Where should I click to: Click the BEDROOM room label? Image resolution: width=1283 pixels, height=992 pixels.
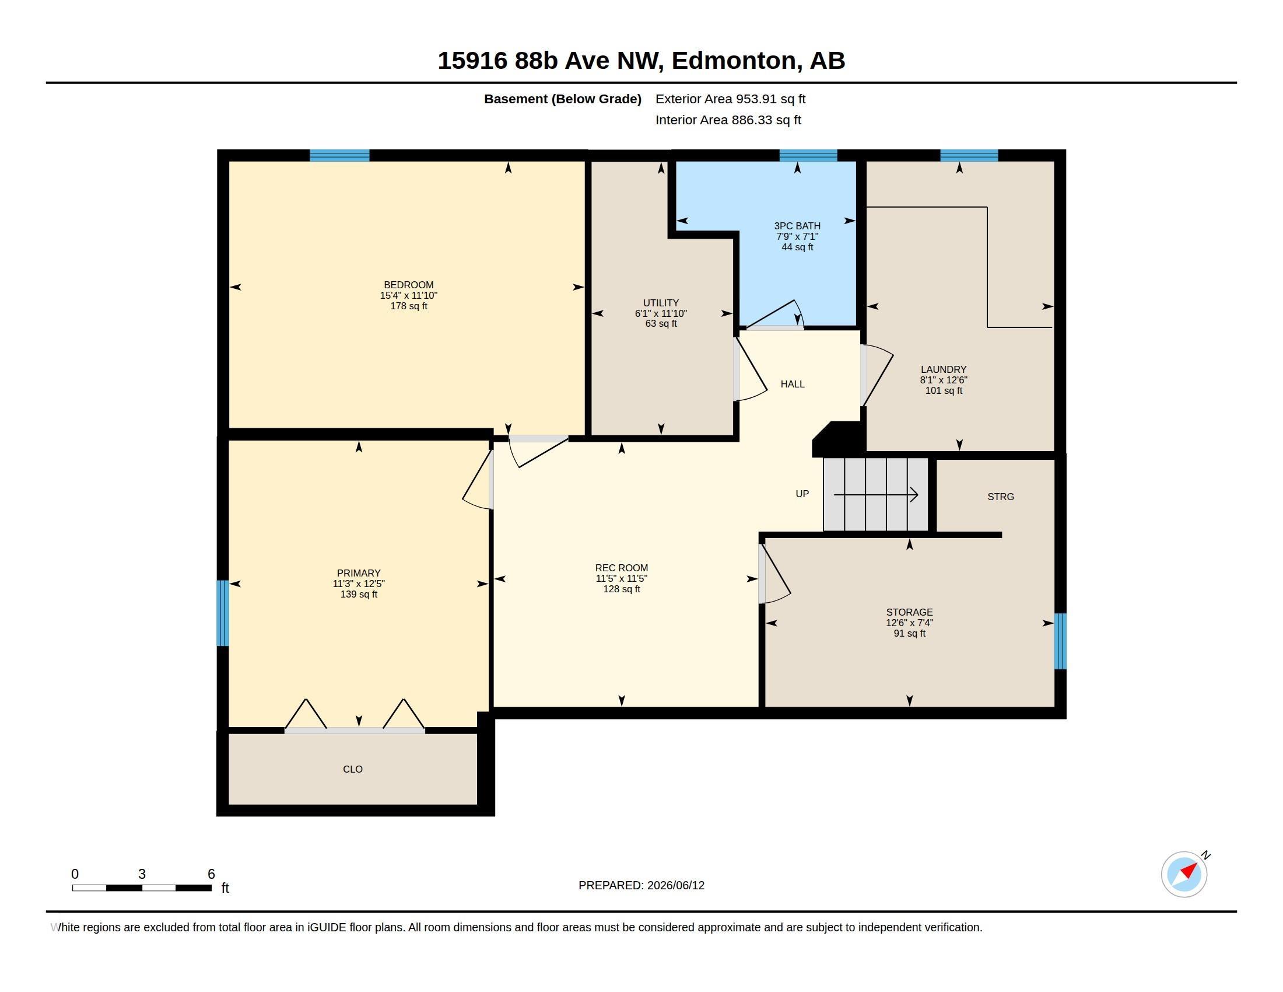pyautogui.click(x=408, y=285)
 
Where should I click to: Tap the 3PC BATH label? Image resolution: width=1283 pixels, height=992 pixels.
pyautogui.click(x=797, y=226)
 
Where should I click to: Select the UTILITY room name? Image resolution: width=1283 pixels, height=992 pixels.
pyautogui.click(x=661, y=303)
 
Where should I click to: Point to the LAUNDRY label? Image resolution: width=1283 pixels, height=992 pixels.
pyautogui.click(x=944, y=369)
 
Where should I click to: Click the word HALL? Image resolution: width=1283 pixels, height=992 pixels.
pyautogui.click(x=793, y=385)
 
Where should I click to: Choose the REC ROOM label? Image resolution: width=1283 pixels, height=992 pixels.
pyautogui.click(x=622, y=568)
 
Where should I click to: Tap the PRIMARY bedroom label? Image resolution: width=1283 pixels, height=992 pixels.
pyautogui.click(x=358, y=573)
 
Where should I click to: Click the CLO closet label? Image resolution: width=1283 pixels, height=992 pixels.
pyautogui.click(x=352, y=769)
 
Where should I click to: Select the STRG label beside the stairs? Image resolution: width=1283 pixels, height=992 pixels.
pyautogui.click(x=1000, y=497)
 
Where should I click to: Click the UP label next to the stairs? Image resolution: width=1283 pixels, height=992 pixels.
pyautogui.click(x=802, y=494)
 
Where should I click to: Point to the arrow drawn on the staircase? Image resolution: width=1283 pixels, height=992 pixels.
pyautogui.click(x=876, y=495)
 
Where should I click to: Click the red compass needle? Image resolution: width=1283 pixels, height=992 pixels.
pyautogui.click(x=1188, y=870)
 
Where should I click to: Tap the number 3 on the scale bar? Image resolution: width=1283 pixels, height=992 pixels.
pyautogui.click(x=142, y=874)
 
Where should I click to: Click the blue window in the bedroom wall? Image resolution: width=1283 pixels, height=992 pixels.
pyautogui.click(x=339, y=156)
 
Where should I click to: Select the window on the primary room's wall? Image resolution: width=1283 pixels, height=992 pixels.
pyautogui.click(x=223, y=613)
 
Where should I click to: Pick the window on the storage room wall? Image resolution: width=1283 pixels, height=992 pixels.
pyautogui.click(x=1060, y=641)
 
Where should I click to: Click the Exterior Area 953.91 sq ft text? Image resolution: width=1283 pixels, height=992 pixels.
pyautogui.click(x=730, y=99)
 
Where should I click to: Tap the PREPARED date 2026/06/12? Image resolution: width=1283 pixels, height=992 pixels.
pyautogui.click(x=675, y=886)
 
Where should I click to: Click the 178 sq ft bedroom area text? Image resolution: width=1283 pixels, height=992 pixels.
pyautogui.click(x=409, y=306)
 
